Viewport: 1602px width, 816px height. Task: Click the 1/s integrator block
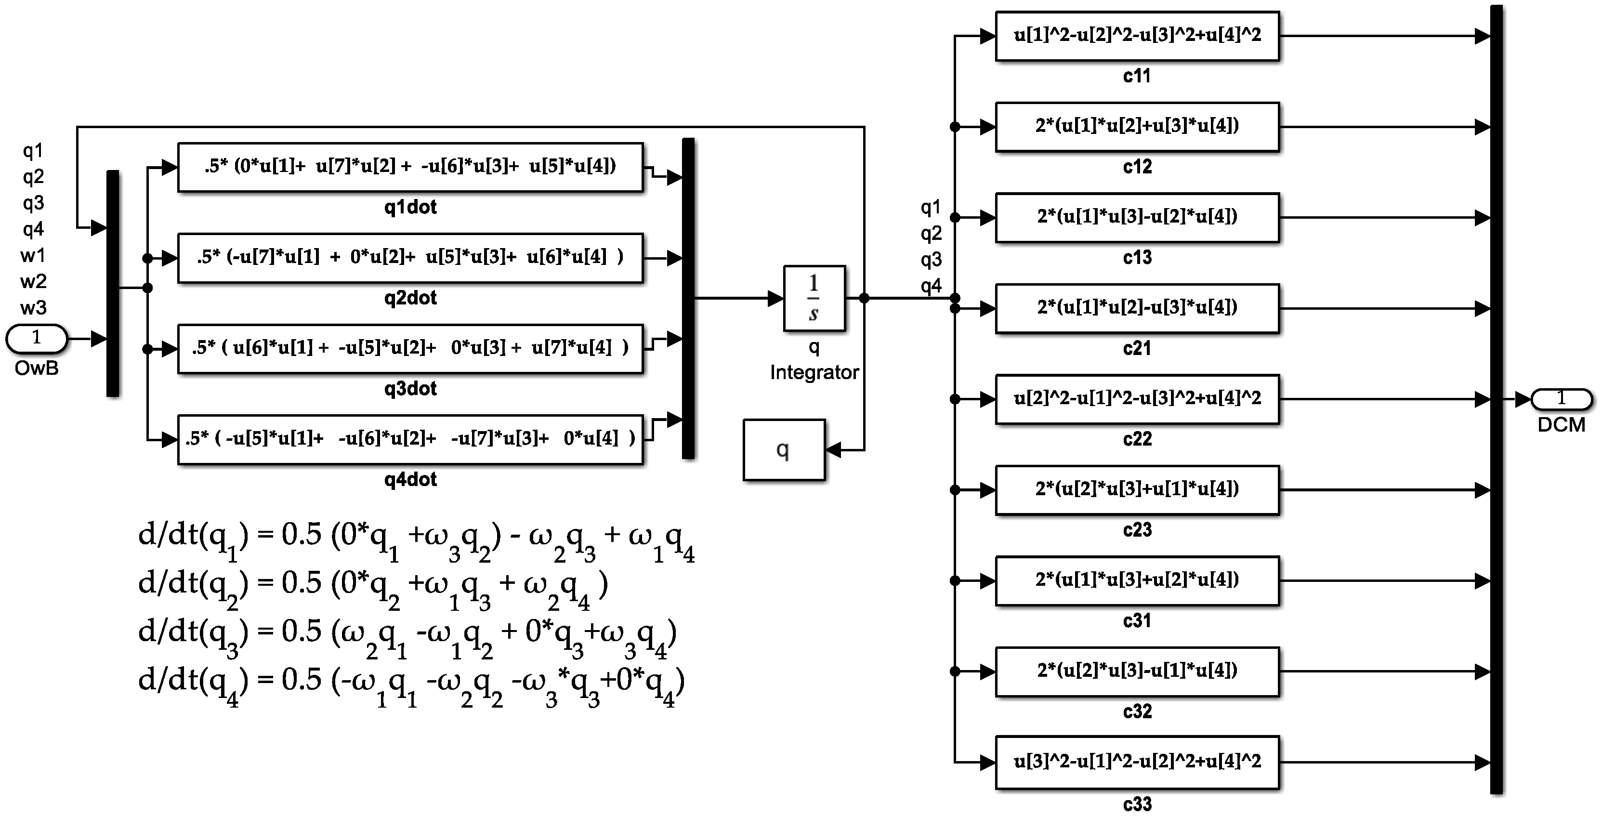pos(814,299)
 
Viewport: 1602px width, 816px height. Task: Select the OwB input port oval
pos(37,339)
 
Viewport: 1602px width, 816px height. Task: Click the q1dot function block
pos(410,167)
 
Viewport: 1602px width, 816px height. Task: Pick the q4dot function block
pos(410,439)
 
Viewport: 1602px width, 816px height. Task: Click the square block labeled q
pos(784,450)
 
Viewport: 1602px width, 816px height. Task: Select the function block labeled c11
pos(1137,36)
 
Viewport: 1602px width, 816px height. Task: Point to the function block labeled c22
pos(1137,399)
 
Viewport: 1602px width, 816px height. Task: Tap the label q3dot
pos(410,389)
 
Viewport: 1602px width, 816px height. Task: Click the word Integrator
pos(814,372)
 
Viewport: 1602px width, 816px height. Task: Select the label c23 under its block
pos(1137,530)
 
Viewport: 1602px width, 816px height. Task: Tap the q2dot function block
pos(410,258)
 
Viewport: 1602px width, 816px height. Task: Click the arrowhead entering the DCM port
pos(1523,399)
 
